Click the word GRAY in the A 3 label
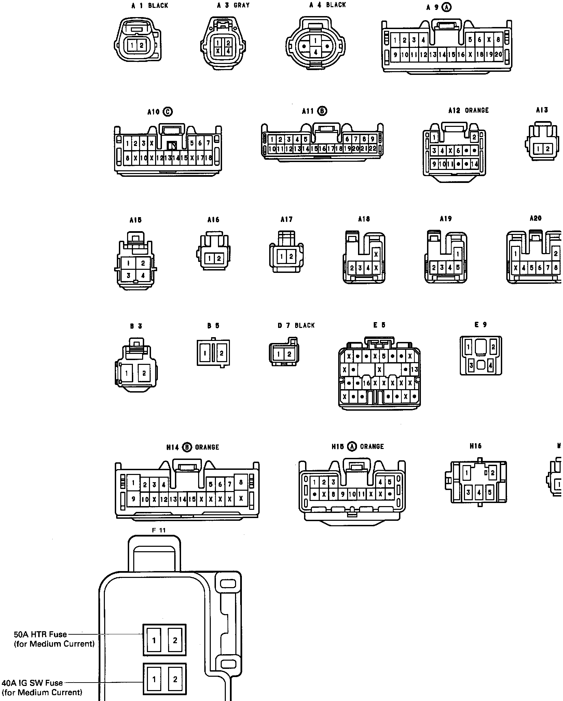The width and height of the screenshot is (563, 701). pyautogui.click(x=242, y=5)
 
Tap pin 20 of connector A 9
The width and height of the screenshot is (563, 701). pyautogui.click(x=498, y=54)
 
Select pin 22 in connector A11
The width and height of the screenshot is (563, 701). pyautogui.click(x=372, y=149)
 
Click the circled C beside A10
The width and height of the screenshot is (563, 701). pyautogui.click(x=168, y=111)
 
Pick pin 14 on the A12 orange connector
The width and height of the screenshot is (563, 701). pyautogui.click(x=475, y=164)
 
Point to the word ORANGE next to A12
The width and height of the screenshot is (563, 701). pyautogui.click(x=477, y=110)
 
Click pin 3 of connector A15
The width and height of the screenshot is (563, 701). pyautogui.click(x=128, y=275)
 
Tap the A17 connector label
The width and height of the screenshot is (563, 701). pyautogui.click(x=286, y=220)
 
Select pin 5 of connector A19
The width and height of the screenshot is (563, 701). pyautogui.click(x=458, y=267)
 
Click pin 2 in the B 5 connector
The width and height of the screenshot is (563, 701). pyautogui.click(x=221, y=353)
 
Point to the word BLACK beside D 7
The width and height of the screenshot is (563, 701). pyautogui.click(x=304, y=325)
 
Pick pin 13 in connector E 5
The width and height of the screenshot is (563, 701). pyautogui.click(x=414, y=369)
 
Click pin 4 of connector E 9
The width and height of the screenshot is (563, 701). pyautogui.click(x=491, y=366)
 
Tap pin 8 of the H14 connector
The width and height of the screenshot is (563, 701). pyautogui.click(x=241, y=482)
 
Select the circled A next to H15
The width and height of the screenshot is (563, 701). pyautogui.click(x=352, y=447)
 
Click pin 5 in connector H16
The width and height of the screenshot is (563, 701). pyautogui.click(x=490, y=492)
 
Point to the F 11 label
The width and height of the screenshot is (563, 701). pyautogui.click(x=159, y=530)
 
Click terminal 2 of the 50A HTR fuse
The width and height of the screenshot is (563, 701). pyautogui.click(x=175, y=640)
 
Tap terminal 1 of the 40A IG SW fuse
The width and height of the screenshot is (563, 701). pyautogui.click(x=154, y=679)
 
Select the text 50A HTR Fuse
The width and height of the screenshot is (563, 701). pyautogui.click(x=40, y=634)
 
